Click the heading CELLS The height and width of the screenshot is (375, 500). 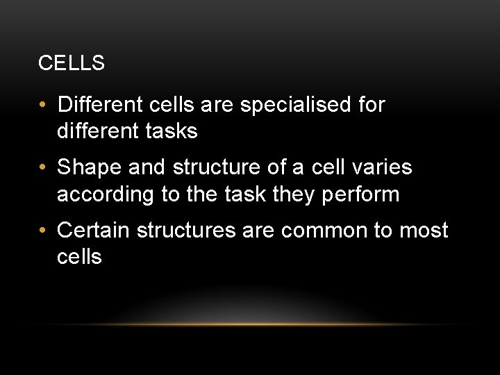pyautogui.click(x=72, y=63)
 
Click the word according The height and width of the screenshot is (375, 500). pyautogui.click(x=106, y=194)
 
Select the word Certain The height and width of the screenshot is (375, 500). pyautogui.click(x=94, y=230)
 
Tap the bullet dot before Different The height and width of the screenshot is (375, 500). pyautogui.click(x=43, y=106)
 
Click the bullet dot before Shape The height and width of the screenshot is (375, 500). pyautogui.click(x=43, y=168)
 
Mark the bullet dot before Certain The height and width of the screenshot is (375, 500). pyautogui.click(x=43, y=230)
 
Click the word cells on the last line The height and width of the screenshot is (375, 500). pyautogui.click(x=79, y=256)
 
